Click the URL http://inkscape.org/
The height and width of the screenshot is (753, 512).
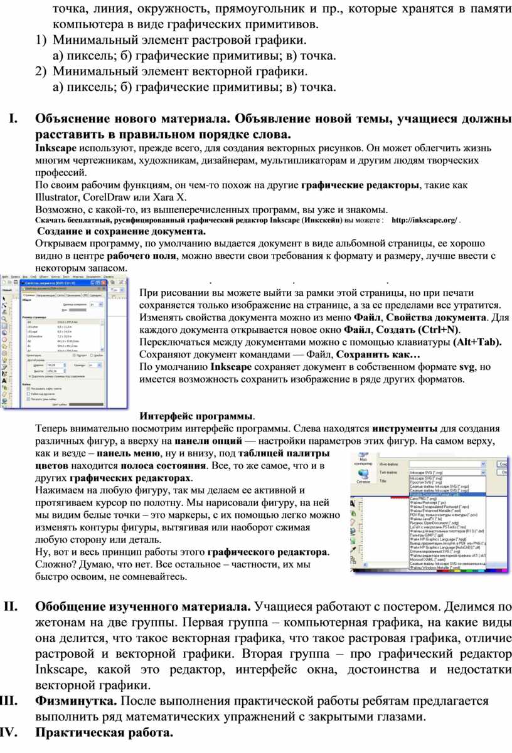click(424, 221)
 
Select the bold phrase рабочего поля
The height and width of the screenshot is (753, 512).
click(139, 256)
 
